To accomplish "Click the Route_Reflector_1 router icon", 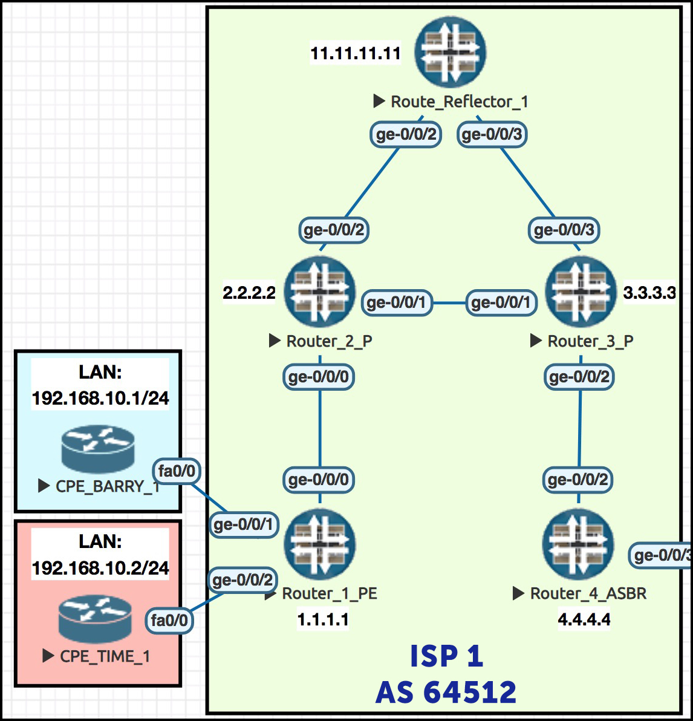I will (x=451, y=53).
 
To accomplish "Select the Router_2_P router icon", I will (x=320, y=292).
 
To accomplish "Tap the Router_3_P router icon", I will (x=581, y=292).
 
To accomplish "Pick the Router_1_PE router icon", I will (x=320, y=544).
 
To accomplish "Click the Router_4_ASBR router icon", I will (x=578, y=544).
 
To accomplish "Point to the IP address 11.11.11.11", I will (x=356, y=53).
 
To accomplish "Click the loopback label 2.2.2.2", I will (x=249, y=293).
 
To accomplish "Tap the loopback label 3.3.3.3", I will (x=649, y=293).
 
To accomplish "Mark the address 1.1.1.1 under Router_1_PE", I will (x=323, y=619).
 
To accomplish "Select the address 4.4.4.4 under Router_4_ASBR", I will (x=584, y=619).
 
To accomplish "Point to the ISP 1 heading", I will (x=446, y=656).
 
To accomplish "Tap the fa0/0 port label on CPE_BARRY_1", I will (x=177, y=471).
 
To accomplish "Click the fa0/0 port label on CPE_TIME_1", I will (x=169, y=620).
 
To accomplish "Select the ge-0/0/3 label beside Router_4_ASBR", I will (x=661, y=555).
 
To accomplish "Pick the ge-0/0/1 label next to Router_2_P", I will (x=397, y=302).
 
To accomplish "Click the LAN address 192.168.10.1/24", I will (x=100, y=398).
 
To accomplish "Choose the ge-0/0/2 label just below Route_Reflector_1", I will (x=406, y=134).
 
